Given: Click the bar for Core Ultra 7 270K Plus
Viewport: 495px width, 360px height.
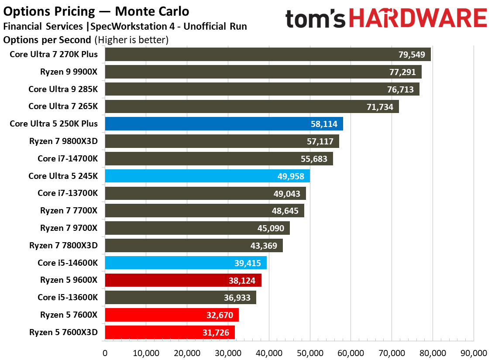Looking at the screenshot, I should (268, 55).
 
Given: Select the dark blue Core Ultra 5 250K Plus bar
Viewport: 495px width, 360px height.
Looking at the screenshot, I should (224, 124).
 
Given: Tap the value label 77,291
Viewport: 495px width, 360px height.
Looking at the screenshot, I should (402, 72).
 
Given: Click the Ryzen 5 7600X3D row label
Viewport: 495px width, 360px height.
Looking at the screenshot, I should (64, 333).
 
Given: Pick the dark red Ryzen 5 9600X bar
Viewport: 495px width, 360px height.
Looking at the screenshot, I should (183, 281).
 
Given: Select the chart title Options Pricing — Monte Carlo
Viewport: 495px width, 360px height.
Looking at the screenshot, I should (96, 10).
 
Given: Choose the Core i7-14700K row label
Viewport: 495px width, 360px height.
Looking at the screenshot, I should (68, 159).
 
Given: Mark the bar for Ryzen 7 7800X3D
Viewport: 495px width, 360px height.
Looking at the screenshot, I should (194, 246).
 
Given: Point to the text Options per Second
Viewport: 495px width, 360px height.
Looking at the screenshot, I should (47, 40).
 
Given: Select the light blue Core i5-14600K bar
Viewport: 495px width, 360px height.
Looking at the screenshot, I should (186, 263).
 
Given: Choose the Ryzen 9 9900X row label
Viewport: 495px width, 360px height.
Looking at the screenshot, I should (69, 72).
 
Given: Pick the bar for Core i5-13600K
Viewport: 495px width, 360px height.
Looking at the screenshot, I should (180, 298).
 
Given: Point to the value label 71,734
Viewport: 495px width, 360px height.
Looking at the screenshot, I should (380, 107).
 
